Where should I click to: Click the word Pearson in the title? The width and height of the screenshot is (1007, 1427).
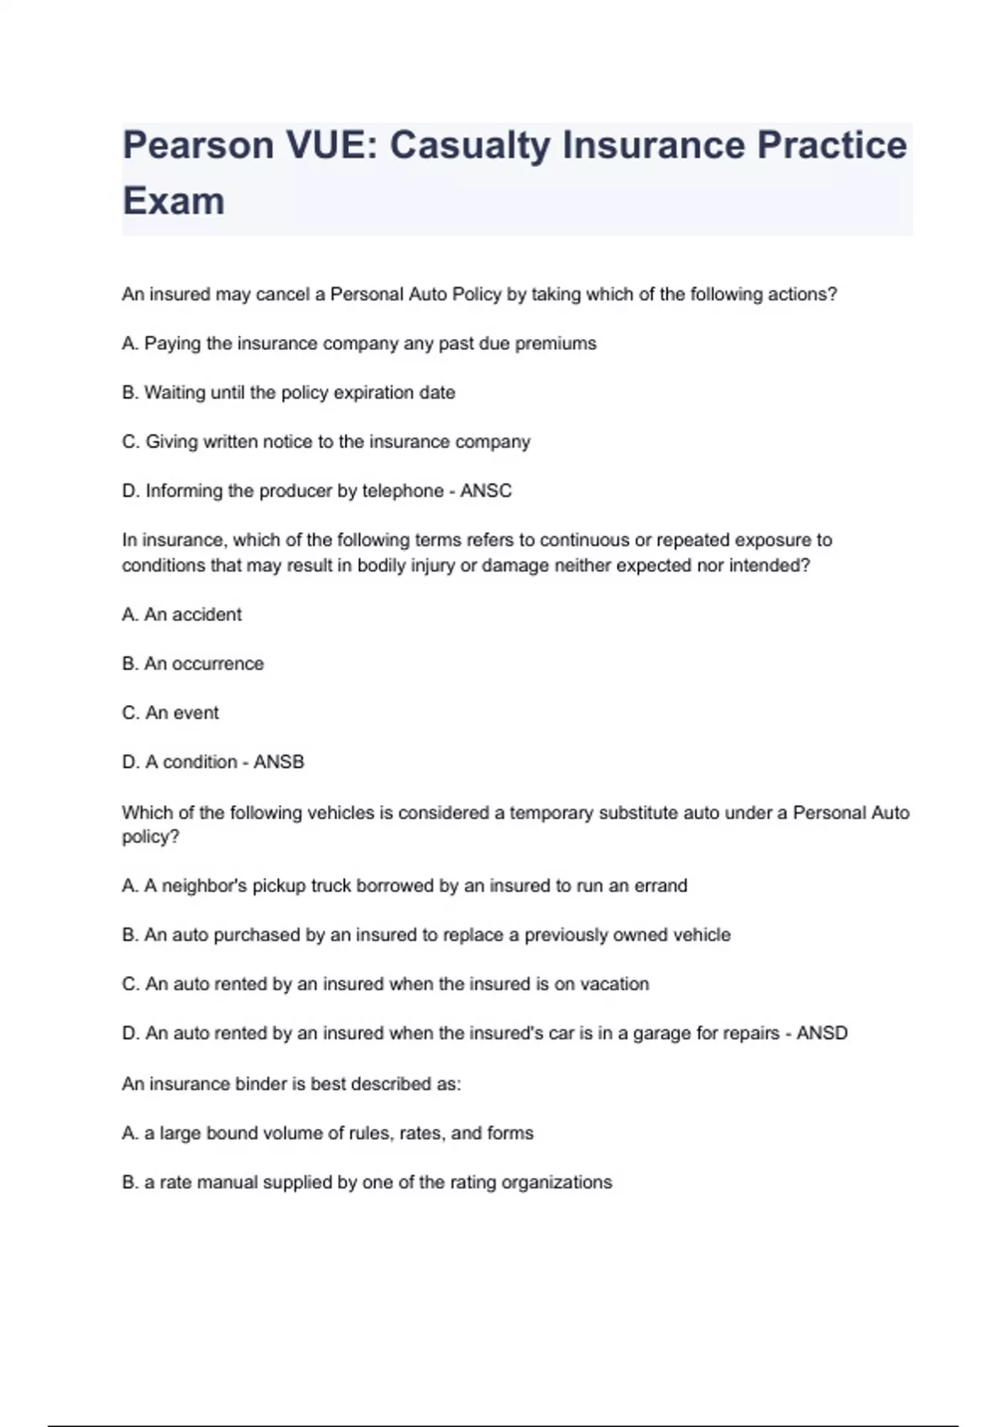(x=198, y=145)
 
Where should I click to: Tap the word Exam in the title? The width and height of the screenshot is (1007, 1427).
(x=174, y=201)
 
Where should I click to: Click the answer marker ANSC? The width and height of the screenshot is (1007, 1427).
(x=486, y=491)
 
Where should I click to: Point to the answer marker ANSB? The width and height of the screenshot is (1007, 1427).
(x=279, y=762)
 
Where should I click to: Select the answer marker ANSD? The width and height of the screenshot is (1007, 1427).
(x=822, y=1033)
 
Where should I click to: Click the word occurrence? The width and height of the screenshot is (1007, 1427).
(x=217, y=664)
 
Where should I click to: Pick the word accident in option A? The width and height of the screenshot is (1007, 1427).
(x=206, y=614)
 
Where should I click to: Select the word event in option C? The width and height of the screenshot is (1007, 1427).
(x=196, y=713)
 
